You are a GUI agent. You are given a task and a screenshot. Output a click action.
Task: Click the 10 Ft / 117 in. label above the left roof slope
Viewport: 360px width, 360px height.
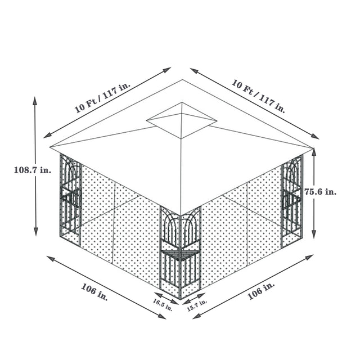point(102,97)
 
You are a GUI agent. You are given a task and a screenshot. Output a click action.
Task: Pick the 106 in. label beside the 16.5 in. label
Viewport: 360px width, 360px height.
point(94,292)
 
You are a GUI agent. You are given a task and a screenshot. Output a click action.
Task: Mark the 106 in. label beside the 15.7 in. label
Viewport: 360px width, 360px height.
point(262,291)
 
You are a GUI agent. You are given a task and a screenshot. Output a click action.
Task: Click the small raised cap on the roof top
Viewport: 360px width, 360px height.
point(182,119)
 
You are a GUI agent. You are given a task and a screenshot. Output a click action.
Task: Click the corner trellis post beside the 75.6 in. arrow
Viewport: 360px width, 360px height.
point(292,200)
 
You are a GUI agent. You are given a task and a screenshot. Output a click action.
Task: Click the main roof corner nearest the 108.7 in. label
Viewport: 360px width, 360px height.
point(51,147)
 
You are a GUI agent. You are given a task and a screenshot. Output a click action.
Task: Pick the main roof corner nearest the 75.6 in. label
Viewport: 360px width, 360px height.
point(313,148)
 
